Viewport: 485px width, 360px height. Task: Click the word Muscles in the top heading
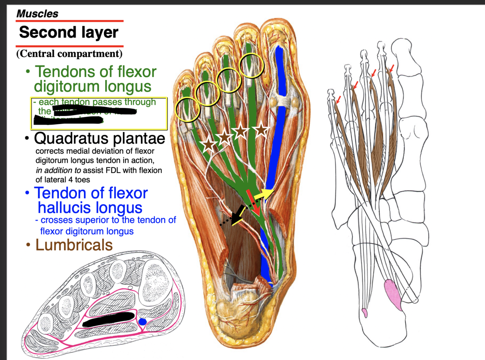coord(37,14)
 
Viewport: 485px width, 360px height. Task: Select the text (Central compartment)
coord(69,54)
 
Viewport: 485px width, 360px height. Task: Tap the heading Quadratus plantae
coord(99,139)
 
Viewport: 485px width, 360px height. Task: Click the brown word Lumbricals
coord(74,245)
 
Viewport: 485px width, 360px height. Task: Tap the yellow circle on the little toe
coord(188,109)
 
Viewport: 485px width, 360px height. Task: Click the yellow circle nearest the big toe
coord(252,66)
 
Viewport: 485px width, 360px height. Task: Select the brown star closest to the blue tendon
coord(261,130)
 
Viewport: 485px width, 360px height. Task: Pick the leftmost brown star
coord(208,145)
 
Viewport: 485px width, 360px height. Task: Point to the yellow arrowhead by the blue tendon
coord(269,192)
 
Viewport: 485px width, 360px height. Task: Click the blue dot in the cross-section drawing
coord(143,322)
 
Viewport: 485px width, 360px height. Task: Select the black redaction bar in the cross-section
coord(108,319)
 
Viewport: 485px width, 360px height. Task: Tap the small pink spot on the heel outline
coord(365,313)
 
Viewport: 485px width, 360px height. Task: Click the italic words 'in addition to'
coord(58,170)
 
